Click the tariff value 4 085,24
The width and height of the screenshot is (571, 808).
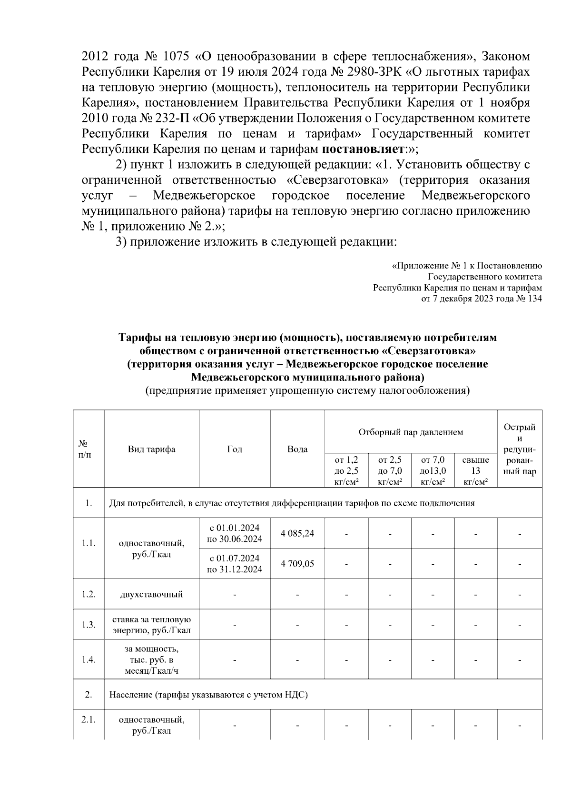coord(297,533)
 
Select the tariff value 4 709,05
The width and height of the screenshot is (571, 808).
coord(297,564)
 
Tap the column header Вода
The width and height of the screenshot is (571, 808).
coord(297,449)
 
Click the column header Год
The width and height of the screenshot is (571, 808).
coord(235,449)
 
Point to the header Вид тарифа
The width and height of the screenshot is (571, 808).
coord(151,449)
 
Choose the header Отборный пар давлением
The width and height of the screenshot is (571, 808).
coord(411,432)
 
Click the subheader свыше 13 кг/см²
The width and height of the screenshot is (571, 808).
coord(475,471)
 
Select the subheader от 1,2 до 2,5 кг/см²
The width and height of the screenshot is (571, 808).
coord(346,471)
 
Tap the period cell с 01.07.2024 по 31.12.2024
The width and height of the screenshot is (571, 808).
coord(235,564)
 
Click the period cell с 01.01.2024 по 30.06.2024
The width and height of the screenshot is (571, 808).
coord(235,533)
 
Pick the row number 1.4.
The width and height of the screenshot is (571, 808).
coord(89,660)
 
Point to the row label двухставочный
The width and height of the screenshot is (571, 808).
coord(151,594)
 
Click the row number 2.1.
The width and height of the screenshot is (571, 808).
coord(89,720)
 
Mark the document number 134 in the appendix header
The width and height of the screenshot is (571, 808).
coord(534,299)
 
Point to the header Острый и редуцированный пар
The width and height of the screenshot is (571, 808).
coord(520,449)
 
